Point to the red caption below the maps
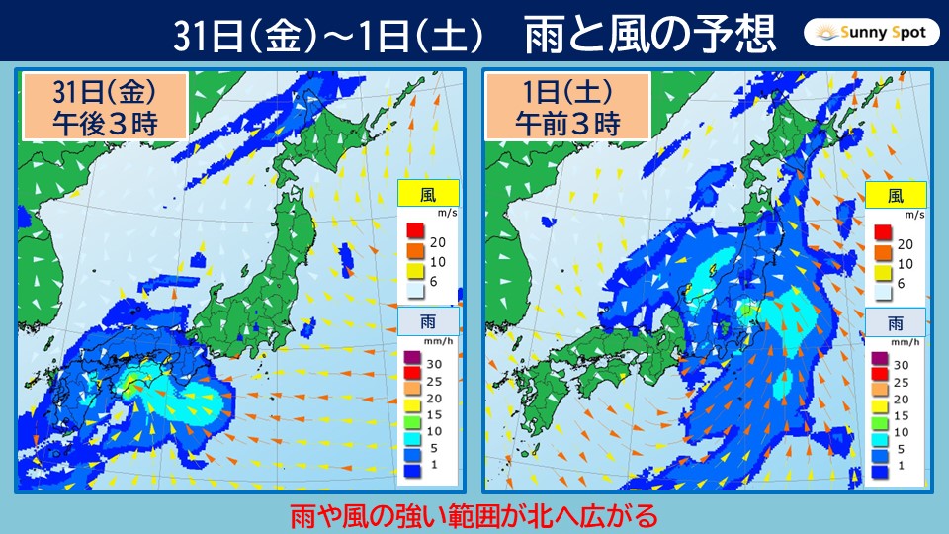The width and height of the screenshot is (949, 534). (x=474, y=515)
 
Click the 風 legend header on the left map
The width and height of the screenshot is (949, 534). (x=429, y=194)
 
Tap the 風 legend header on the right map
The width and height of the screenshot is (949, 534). (x=896, y=194)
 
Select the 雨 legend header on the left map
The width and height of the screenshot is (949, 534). (x=429, y=321)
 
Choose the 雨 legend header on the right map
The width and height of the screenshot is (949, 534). (x=896, y=321)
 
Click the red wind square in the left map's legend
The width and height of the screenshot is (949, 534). (x=414, y=233)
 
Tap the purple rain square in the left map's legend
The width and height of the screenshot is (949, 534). (x=414, y=358)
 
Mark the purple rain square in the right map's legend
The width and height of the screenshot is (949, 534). (x=882, y=358)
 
